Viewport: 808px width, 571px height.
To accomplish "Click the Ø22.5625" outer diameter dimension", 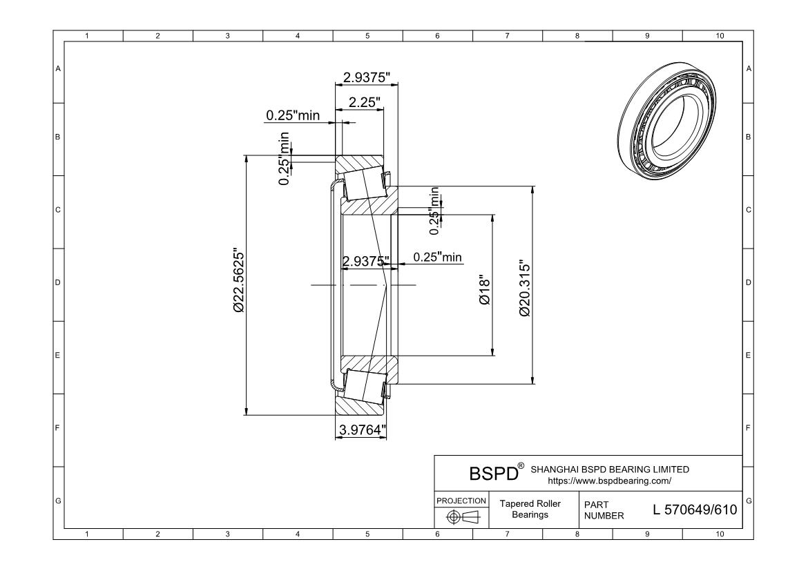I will click(239, 280).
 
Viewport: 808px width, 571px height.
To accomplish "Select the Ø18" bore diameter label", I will click(484, 291).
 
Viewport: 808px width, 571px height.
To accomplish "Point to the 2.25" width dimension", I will click(364, 102).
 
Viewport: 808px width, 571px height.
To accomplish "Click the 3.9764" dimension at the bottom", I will click(362, 430).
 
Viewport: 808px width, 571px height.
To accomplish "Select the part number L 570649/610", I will click(695, 510).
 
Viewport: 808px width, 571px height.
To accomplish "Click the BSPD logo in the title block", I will click(493, 474).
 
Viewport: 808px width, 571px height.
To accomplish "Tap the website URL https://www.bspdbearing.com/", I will click(609, 480).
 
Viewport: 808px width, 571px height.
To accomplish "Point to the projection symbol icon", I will click(462, 516).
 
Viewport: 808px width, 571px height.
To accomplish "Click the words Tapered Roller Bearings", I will click(530, 510).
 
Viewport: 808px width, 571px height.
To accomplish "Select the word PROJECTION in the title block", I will click(461, 500).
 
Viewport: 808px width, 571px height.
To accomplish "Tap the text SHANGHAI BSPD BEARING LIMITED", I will click(610, 470).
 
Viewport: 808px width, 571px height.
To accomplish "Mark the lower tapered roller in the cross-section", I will click(364, 384).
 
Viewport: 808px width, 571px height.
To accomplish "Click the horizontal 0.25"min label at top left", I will click(293, 115).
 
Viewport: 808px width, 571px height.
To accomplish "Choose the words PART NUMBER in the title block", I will click(604, 510).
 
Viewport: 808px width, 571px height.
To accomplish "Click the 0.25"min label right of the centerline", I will click(438, 258).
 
